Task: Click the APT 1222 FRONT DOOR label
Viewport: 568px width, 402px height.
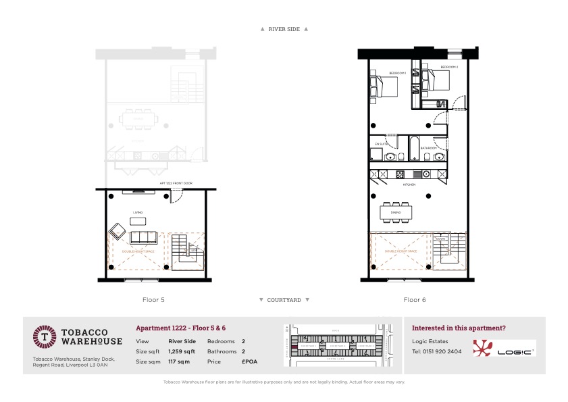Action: [x=176, y=183]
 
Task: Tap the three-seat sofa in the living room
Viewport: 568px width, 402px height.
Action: [x=143, y=238]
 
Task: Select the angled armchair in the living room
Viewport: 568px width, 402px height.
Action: [x=118, y=232]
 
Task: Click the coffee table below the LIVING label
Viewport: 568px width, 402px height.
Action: [x=137, y=221]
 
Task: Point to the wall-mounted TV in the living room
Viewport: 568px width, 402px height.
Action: [x=132, y=193]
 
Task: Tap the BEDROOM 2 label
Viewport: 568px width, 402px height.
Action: [x=449, y=68]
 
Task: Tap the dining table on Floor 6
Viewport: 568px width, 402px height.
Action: [x=395, y=212]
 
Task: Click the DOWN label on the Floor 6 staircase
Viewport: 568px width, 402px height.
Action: [x=440, y=238]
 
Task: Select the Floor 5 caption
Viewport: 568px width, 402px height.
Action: [x=153, y=299]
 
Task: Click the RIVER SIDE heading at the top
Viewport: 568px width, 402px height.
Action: [x=284, y=29]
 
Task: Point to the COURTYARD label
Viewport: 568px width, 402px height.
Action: [x=284, y=299]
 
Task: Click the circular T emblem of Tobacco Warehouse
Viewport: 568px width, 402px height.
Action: [x=45, y=336]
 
